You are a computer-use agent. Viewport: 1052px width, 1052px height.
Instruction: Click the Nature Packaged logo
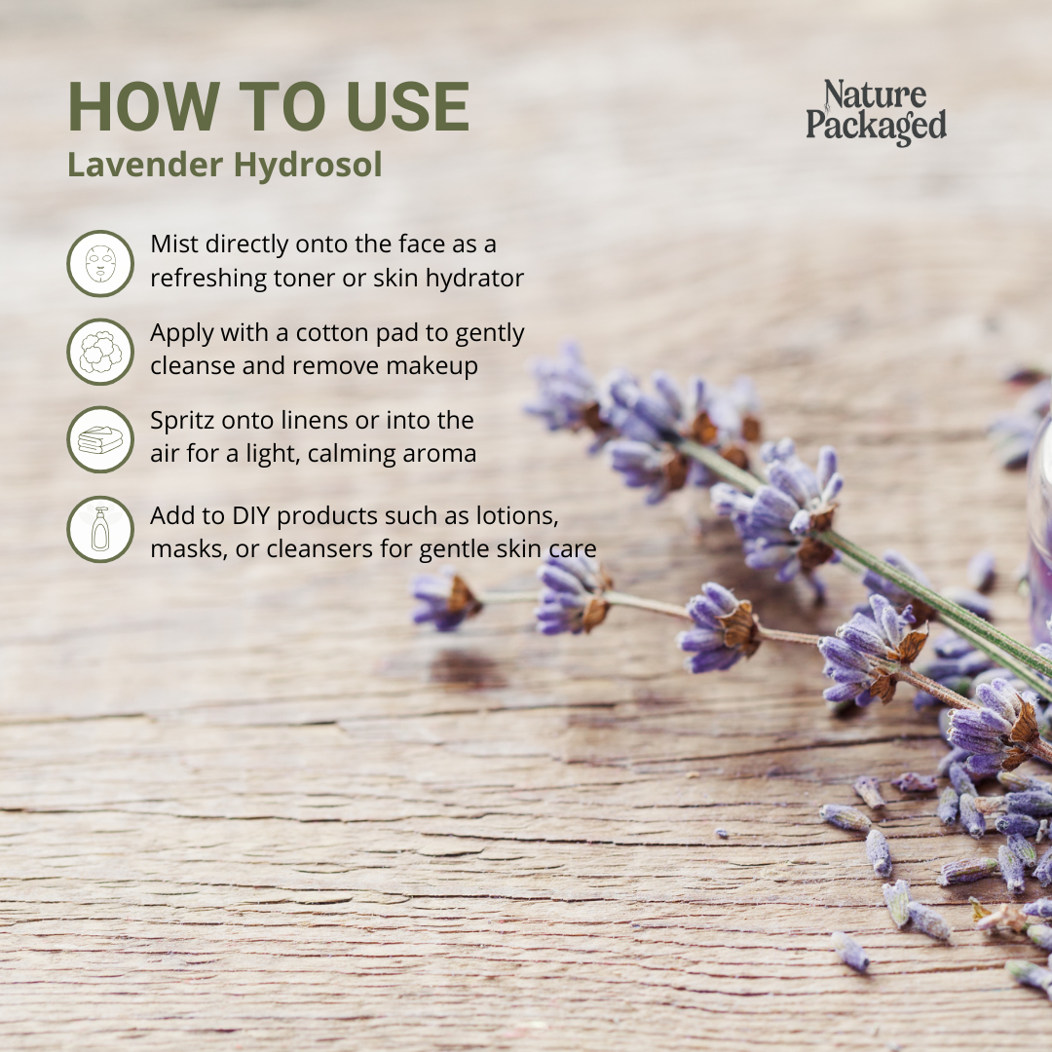pos(877,112)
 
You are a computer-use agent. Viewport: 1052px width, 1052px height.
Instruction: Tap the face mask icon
pos(100,264)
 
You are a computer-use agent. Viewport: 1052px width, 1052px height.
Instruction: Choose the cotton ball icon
pos(100,352)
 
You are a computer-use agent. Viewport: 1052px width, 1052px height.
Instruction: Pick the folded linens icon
pos(100,439)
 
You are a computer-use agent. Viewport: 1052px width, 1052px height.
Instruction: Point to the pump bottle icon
pos(100,529)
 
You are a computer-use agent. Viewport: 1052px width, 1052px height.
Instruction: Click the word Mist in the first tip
pos(174,244)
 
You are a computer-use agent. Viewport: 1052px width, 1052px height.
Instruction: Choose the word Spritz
pos(182,422)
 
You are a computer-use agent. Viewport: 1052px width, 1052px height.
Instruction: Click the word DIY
pos(250,516)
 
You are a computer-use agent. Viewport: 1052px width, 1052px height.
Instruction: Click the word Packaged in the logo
pos(877,126)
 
